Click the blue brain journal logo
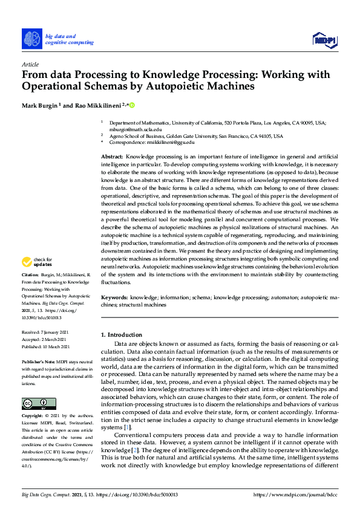click(32, 39)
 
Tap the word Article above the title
click(30, 64)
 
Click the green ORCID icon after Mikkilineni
click(131, 105)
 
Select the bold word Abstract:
click(113, 157)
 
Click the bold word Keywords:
click(114, 298)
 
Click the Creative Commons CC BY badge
click(35, 403)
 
